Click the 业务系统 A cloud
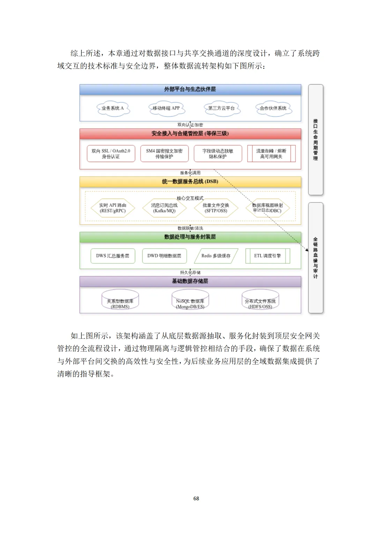pyautogui.click(x=113, y=108)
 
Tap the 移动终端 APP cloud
pyautogui.click(x=166, y=108)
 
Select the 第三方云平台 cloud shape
pyautogui.click(x=221, y=108)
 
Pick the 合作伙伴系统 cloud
pyautogui.click(x=273, y=108)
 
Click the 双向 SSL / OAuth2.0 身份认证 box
pyautogui.click(x=111, y=154)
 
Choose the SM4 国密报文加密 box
pyautogui.click(x=164, y=154)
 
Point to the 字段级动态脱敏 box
pyautogui.click(x=218, y=154)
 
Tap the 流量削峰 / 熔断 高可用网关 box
pyautogui.click(x=271, y=154)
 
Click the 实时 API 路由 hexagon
pyautogui.click(x=112, y=208)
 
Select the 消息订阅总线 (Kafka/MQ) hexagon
pyautogui.click(x=164, y=208)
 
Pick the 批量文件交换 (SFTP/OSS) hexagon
pyautogui.click(x=216, y=208)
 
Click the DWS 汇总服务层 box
pyautogui.click(x=113, y=256)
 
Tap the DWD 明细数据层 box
pyautogui.click(x=164, y=256)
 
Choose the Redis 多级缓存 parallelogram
pyautogui.click(x=216, y=256)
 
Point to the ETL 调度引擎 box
pyautogui.click(x=268, y=256)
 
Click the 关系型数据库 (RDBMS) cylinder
pyautogui.click(x=120, y=301)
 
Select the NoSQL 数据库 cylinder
pyautogui.click(x=190, y=301)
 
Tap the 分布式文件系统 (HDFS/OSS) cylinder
pyautogui.click(x=260, y=301)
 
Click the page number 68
pyautogui.click(x=196, y=498)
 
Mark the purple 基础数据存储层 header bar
pyautogui.click(x=190, y=281)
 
